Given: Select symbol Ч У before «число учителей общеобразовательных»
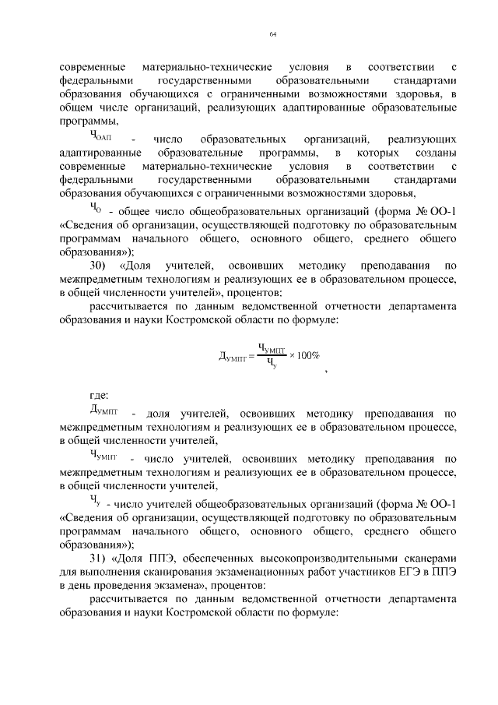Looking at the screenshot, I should (x=95, y=500).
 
